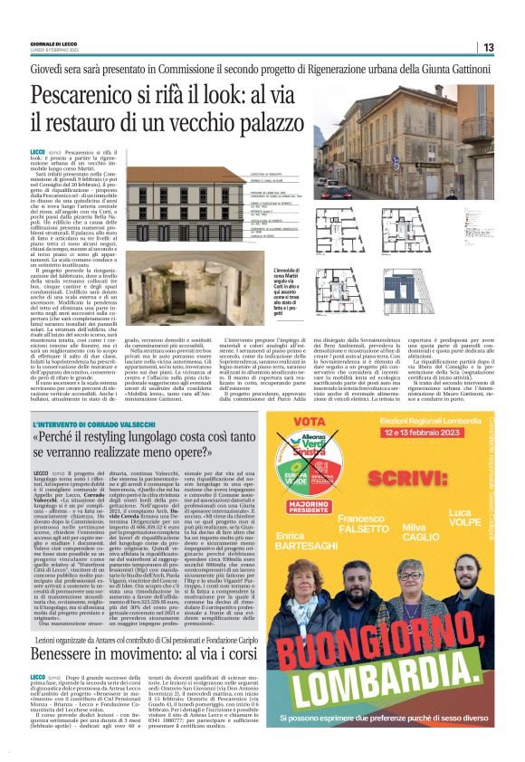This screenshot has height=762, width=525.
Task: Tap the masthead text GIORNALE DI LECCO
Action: [x=53, y=44]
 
